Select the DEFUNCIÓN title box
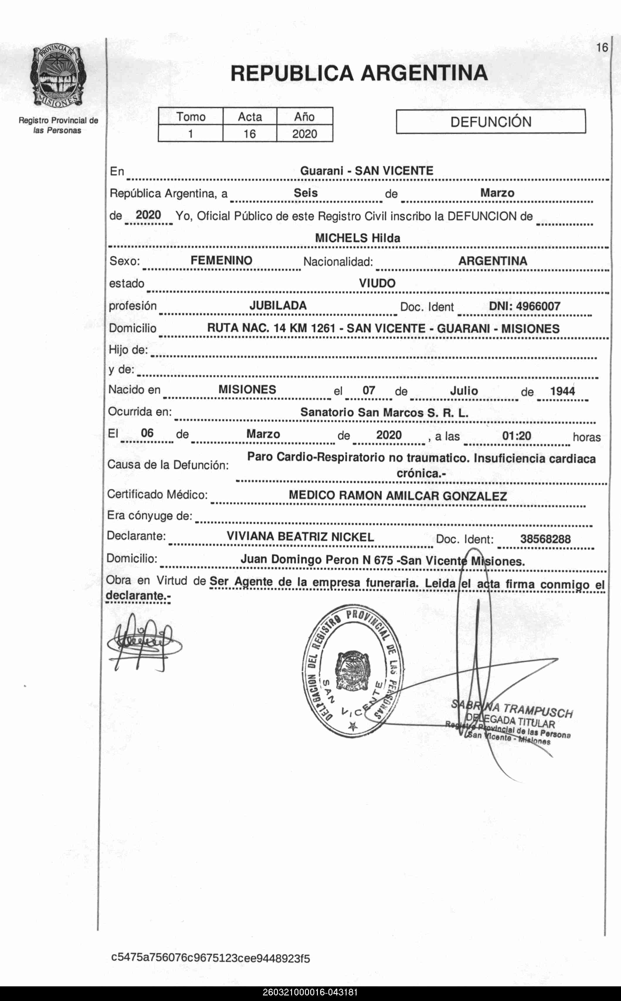491,122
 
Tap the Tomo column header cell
191,117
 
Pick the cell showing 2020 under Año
304,134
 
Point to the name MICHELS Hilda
357,238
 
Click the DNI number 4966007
538,306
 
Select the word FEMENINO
221,260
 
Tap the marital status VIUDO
377,283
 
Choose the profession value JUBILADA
278,306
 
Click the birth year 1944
562,391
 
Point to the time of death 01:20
516,436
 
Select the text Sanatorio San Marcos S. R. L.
384,412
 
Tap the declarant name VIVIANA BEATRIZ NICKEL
300,537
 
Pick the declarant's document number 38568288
545,539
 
